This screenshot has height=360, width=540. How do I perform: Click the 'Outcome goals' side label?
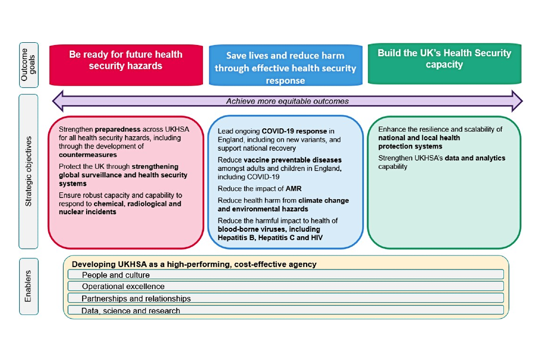pyautogui.click(x=29, y=65)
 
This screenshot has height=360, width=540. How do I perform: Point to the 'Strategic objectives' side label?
pyautogui.click(x=29, y=171)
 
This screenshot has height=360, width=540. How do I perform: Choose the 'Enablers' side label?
pyautogui.click(x=29, y=286)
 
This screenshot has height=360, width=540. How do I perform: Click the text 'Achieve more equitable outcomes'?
pyautogui.click(x=287, y=101)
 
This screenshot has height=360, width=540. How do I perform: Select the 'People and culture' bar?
pyautogui.click(x=285, y=274)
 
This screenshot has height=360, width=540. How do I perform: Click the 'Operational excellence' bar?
pyautogui.click(x=285, y=286)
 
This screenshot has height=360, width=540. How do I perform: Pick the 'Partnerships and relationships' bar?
pyautogui.click(x=285, y=298)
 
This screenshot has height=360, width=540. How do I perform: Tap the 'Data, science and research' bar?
pyautogui.click(x=285, y=310)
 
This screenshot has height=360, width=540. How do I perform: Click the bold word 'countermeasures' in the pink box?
pyautogui.click(x=88, y=155)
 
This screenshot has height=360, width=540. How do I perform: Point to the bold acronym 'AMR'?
pyautogui.click(x=292, y=188)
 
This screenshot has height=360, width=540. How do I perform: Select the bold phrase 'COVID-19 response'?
pyautogui.click(x=295, y=131)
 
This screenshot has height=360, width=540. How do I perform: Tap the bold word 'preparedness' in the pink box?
pyautogui.click(x=116, y=129)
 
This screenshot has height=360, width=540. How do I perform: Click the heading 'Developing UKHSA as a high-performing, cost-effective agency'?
pyautogui.click(x=194, y=264)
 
